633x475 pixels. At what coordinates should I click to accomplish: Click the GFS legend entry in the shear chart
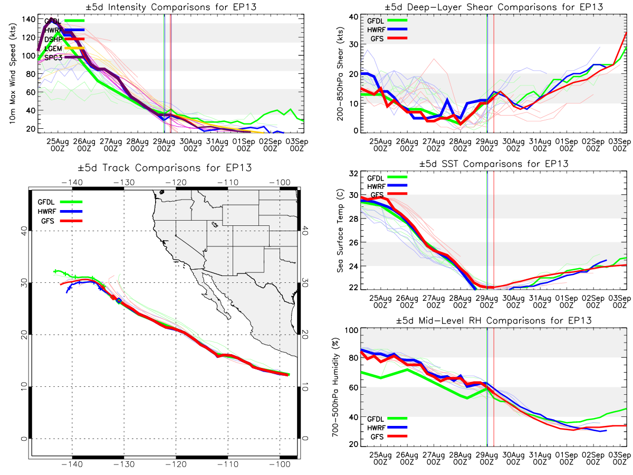375,39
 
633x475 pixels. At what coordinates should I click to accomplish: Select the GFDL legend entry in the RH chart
375,418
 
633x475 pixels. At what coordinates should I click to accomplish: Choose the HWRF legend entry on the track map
49,211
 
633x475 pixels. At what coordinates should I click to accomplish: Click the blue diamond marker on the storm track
119,300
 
